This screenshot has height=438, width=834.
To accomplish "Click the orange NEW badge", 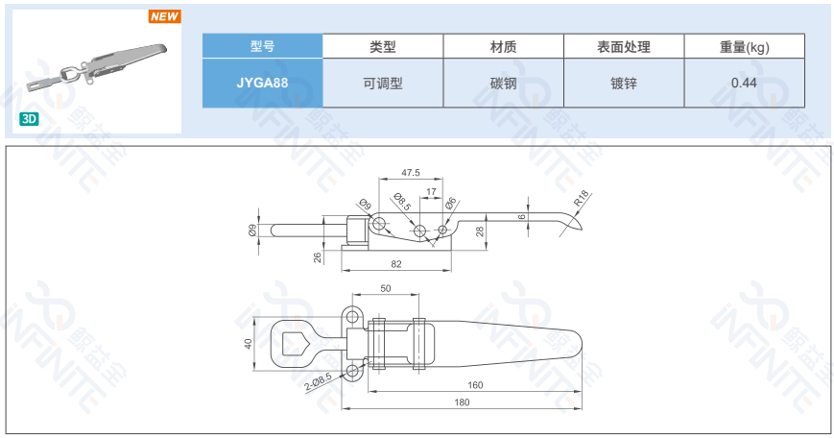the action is [165, 16].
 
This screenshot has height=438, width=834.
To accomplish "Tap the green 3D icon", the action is [29, 119].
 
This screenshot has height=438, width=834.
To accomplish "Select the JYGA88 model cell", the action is [262, 83].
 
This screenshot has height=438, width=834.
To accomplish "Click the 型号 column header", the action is [262, 46].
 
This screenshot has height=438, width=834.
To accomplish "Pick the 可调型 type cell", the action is [383, 83].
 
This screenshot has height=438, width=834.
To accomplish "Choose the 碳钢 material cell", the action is [503, 83].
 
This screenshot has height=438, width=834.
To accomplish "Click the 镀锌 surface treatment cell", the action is [624, 83].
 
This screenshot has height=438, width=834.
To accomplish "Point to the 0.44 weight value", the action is [744, 83].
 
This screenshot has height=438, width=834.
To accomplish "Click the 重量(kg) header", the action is [744, 47].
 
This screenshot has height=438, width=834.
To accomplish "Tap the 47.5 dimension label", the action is [411, 173].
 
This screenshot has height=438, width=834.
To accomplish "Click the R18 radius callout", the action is [582, 198].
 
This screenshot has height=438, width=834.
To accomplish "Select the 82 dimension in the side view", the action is [396, 264].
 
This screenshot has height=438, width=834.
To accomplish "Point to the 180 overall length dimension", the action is [462, 402].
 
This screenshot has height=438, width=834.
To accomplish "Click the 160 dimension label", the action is [475, 385].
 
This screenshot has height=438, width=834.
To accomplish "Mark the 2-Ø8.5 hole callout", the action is [319, 381].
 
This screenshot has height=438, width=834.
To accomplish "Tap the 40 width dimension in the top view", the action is [248, 344].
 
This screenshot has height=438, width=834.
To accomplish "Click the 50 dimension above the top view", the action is [386, 288].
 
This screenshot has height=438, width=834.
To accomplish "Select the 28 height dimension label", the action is [480, 231].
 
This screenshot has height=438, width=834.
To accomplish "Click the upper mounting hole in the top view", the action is [352, 318].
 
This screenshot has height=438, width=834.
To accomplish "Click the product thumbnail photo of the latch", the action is [96, 70].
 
